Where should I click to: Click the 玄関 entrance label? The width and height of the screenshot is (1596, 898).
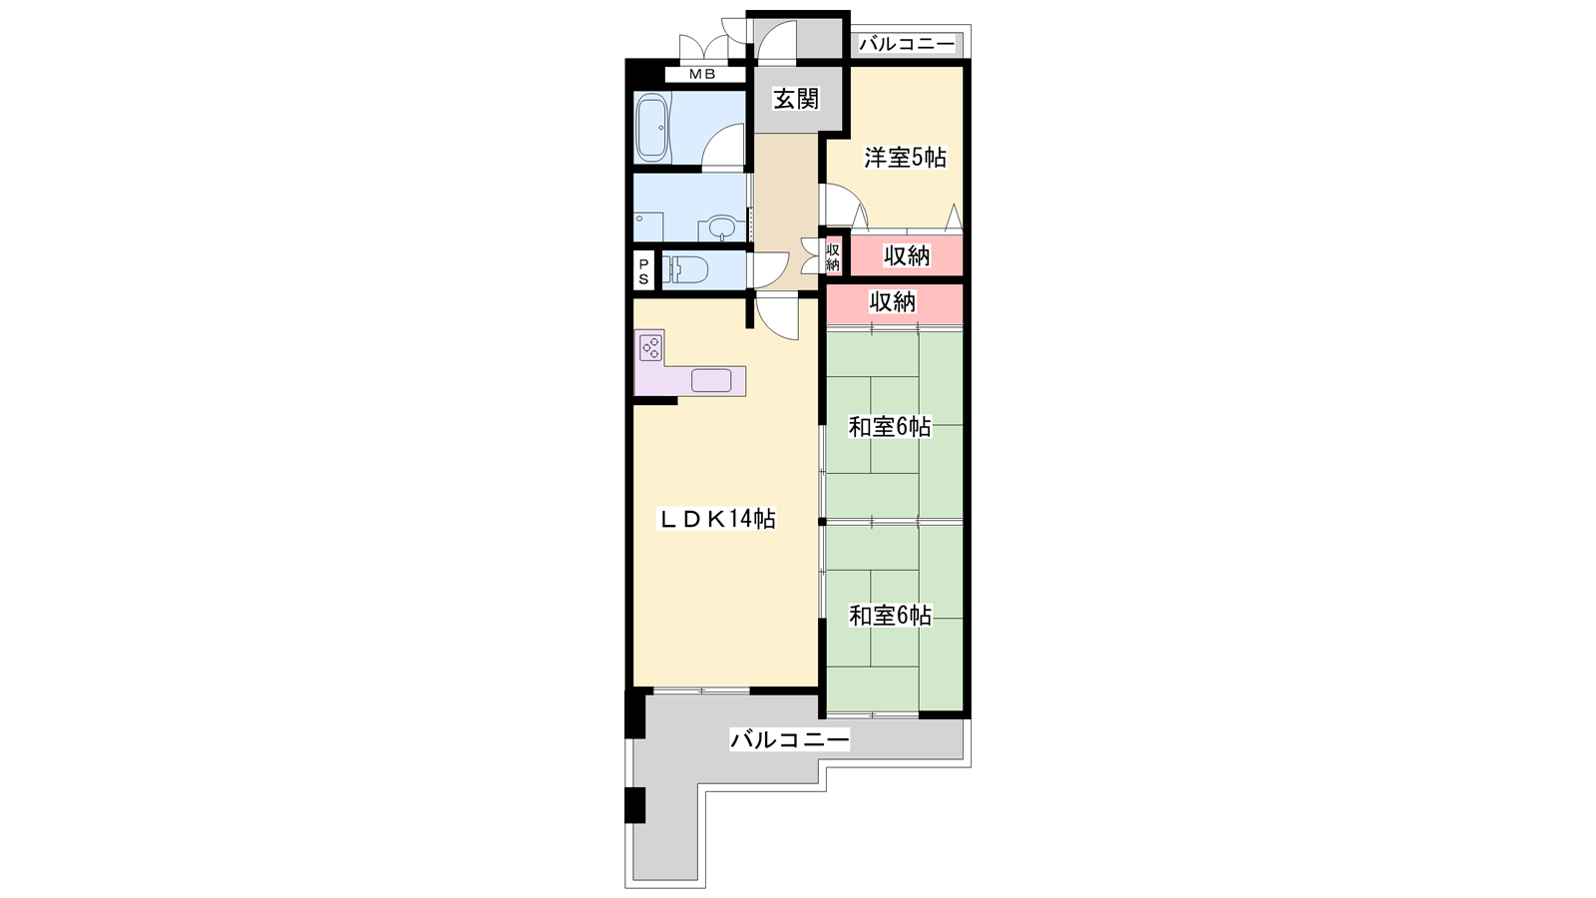coord(797,99)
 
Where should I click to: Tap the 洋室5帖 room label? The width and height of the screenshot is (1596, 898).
coord(905,157)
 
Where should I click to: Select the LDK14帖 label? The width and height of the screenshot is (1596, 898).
coord(717,518)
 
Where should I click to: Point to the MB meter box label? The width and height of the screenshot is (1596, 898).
coord(702,74)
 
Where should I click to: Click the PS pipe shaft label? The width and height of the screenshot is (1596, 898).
coord(643,270)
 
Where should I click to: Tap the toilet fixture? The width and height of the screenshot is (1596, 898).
coord(684,270)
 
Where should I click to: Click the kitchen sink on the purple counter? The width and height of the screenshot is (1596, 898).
coord(711,380)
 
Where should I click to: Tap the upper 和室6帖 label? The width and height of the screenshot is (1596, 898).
coord(889,427)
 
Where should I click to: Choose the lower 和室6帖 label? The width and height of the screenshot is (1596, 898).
coord(890,615)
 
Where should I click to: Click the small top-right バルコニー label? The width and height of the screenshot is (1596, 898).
coord(907,44)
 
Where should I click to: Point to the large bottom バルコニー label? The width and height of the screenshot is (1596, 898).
coord(789,739)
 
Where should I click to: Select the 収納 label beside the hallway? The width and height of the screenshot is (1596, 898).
coord(833,256)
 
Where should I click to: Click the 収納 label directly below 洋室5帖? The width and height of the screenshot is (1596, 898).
coord(907,255)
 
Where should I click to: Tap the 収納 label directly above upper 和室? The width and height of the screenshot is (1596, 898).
coord(892,302)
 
